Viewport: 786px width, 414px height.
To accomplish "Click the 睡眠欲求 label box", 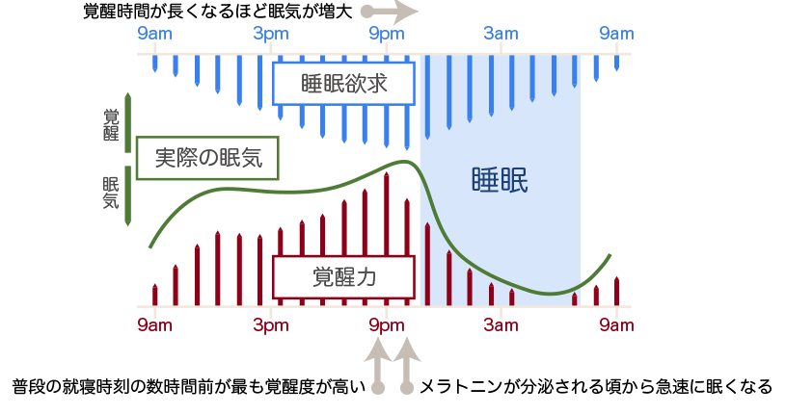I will point(343,84).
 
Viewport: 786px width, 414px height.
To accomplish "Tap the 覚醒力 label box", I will point(343,277).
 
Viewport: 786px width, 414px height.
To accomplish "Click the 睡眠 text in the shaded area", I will point(500,181).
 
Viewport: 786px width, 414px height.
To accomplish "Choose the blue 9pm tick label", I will point(386,35).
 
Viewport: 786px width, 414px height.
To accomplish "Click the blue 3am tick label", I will point(501,35).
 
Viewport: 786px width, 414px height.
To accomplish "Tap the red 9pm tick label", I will point(386,324).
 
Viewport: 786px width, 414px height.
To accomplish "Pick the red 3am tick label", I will point(501,324).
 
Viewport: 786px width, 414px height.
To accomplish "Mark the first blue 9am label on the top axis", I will point(155,35).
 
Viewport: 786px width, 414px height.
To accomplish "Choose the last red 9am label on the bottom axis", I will point(615,324).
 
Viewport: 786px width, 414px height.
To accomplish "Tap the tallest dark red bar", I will point(386,237).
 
